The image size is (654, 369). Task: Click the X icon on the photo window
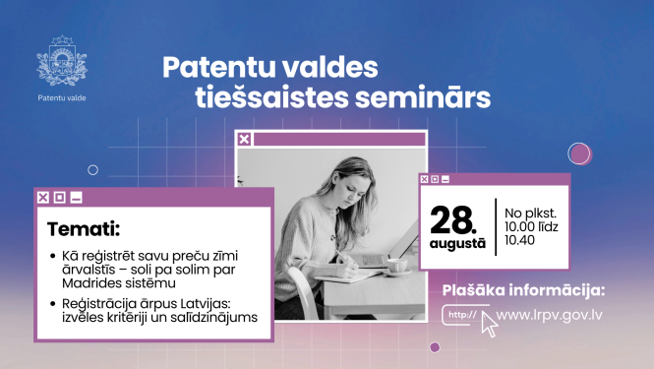coord(245,140)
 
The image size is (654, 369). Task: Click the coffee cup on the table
coord(397,265)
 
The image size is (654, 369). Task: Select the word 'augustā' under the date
coord(456,241)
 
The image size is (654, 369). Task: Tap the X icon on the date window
coord(425,179)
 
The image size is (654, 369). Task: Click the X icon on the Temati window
coord(42,197)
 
